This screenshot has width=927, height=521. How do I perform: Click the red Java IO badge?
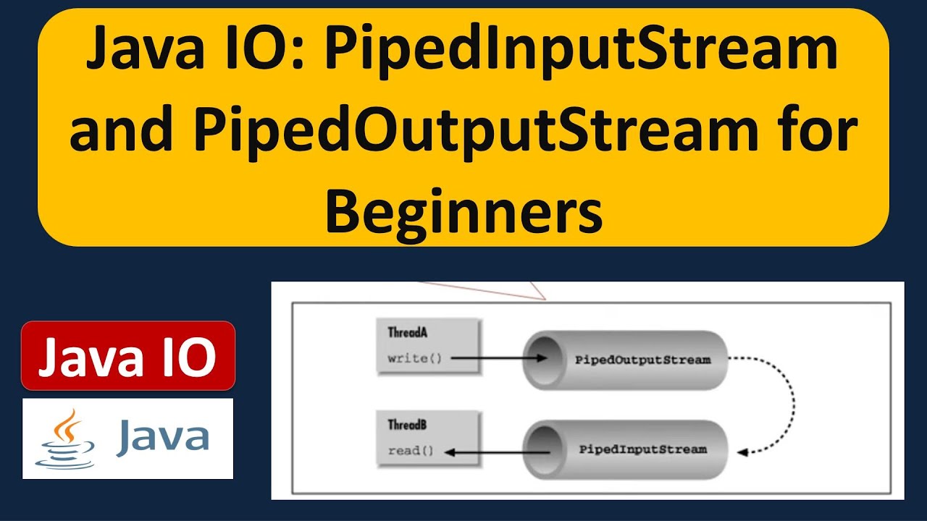point(128,356)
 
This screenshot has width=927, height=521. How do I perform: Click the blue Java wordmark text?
point(163,437)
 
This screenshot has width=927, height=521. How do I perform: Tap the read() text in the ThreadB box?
point(411,451)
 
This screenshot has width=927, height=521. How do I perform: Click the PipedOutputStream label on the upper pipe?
point(642,360)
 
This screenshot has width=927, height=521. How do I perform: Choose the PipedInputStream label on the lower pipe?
point(642,449)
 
